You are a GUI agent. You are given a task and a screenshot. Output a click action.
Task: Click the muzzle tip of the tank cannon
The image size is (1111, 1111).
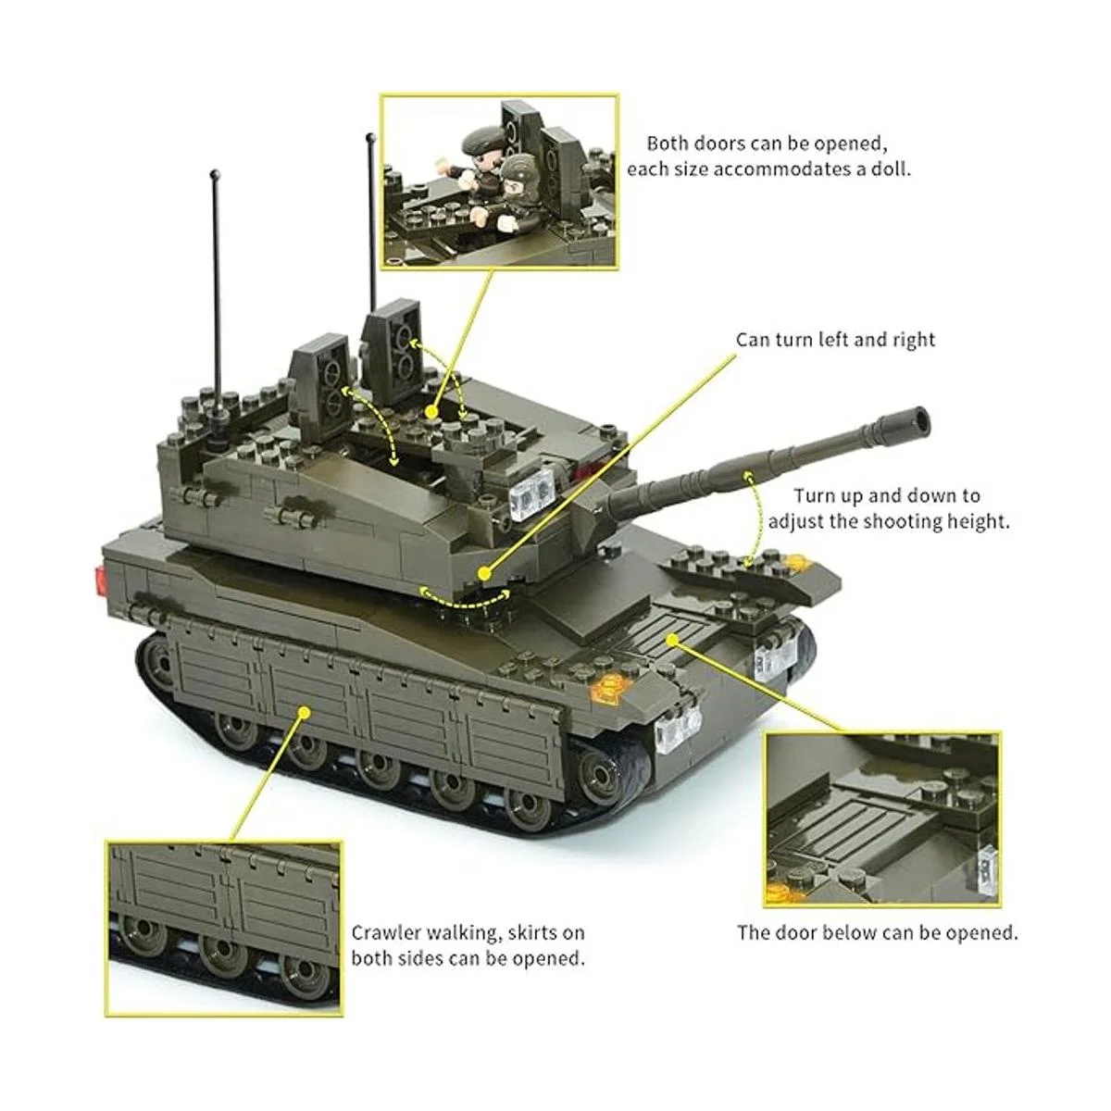(x=917, y=422)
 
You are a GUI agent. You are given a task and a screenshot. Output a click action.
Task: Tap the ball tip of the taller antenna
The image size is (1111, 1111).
(x=370, y=138)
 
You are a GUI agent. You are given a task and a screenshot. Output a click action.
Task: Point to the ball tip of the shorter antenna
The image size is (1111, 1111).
(x=215, y=173)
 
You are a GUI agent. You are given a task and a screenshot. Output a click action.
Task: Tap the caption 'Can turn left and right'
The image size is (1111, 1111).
(x=835, y=340)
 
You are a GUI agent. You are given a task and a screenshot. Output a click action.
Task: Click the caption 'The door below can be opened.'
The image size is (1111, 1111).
(x=878, y=932)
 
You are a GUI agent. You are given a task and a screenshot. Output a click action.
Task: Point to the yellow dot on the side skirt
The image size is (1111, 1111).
(x=305, y=713)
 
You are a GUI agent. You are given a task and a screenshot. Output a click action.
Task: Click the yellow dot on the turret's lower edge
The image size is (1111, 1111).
(x=485, y=574)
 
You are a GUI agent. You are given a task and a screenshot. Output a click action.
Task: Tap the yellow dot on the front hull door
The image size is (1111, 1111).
(x=671, y=639)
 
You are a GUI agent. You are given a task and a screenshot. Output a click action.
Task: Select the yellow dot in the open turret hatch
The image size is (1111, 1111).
(x=430, y=412)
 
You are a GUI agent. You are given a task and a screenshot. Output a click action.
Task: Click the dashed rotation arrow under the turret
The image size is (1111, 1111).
(x=463, y=601)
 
